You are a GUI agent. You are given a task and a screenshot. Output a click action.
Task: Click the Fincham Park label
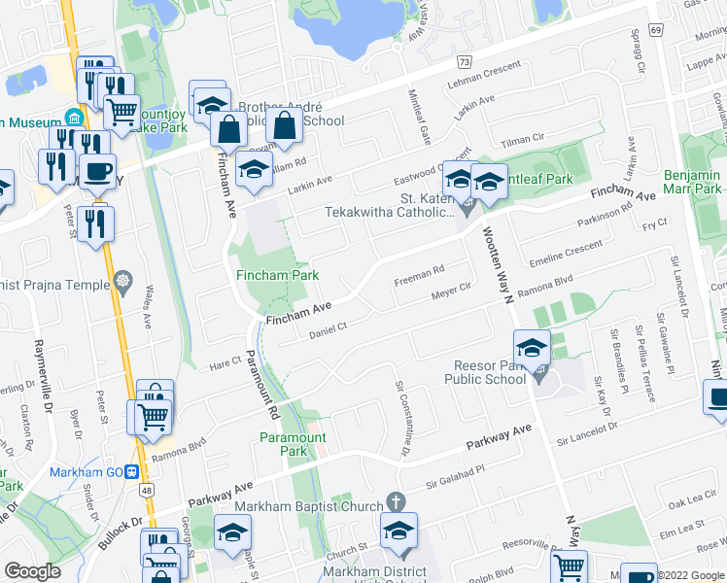click(277, 275)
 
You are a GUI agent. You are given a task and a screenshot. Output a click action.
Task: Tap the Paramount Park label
click(293, 444)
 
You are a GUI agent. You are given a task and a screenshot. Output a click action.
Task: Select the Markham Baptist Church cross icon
click(395, 501)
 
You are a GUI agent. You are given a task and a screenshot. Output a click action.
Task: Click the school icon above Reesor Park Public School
click(533, 347)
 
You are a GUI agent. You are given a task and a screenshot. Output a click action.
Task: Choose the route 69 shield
click(657, 31)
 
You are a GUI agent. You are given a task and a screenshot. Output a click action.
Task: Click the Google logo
click(32, 571)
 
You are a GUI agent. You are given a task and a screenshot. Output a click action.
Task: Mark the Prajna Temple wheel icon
click(121, 283)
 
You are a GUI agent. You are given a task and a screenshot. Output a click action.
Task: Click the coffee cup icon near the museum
click(97, 172)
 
